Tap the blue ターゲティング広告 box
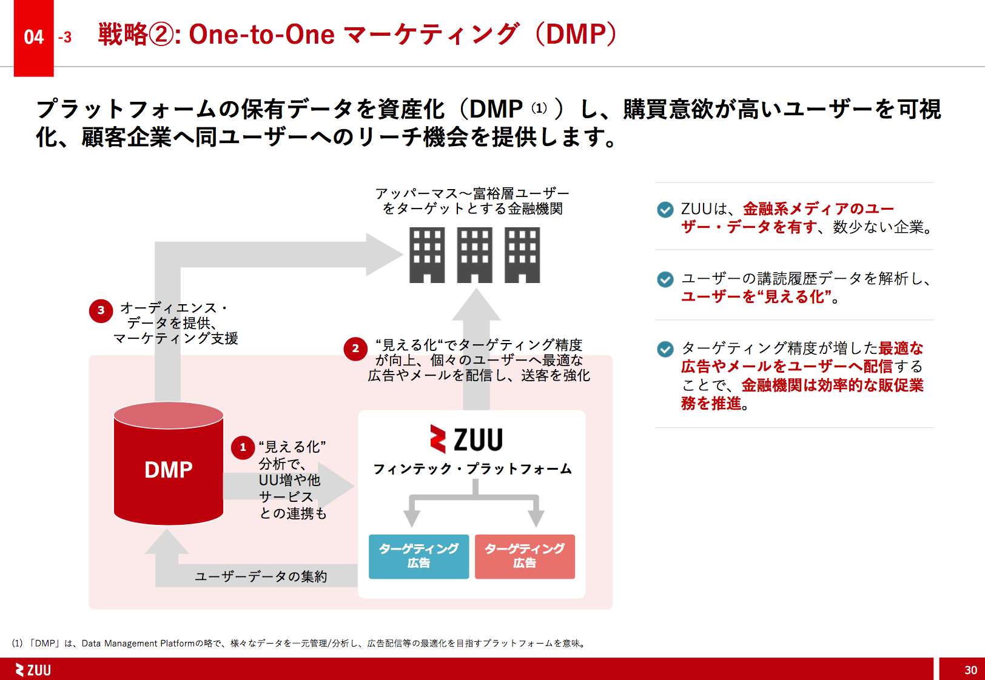click(x=419, y=556)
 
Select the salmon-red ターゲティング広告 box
click(x=525, y=556)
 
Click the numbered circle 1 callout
click(x=243, y=448)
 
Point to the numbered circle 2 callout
click(x=355, y=348)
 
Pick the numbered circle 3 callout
click(x=101, y=310)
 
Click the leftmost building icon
click(x=427, y=255)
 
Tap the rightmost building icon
click(x=522, y=255)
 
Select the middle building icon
click(x=474, y=255)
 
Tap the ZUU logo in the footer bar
click(x=33, y=670)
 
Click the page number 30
click(x=970, y=670)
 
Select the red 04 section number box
click(x=34, y=38)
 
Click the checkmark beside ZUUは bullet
click(x=665, y=210)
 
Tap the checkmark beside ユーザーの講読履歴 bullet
click(x=665, y=279)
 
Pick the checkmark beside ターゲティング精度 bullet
click(x=665, y=349)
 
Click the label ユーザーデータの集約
click(x=261, y=576)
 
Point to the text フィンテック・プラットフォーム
click(x=472, y=469)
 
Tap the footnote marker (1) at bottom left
click(x=17, y=644)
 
